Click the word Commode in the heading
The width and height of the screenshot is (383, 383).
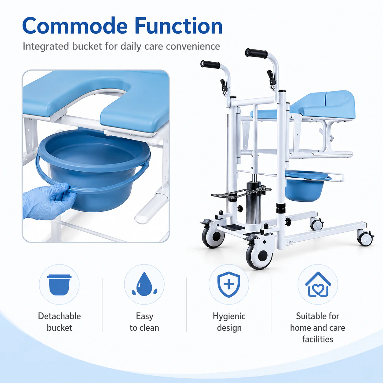75,26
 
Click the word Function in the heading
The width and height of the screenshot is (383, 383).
178,26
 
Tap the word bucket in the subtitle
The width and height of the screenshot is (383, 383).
87,46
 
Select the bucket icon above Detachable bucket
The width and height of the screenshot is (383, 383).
59,285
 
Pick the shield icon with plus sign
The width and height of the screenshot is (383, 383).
229,284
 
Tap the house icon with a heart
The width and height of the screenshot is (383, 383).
318,284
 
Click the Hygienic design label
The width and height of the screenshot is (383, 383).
229,322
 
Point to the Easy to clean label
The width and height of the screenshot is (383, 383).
144,322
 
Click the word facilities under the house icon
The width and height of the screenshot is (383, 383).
318,339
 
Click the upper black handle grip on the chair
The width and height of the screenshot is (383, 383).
256,53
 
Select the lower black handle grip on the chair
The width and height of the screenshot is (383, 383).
210,64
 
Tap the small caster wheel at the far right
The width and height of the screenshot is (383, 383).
365,238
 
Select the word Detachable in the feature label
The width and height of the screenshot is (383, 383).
60,316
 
